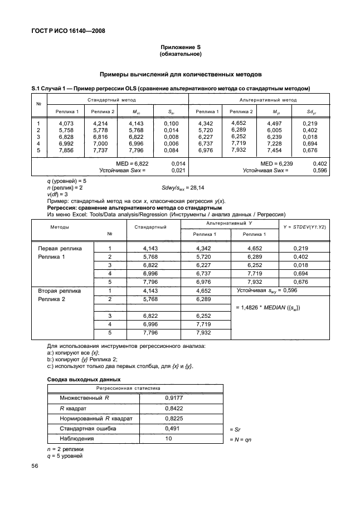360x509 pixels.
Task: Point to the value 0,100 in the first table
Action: pyautogui.click(x=171, y=123)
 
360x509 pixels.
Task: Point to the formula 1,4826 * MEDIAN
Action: pyautogui.click(x=271, y=308)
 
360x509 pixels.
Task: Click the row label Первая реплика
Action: pyautogui.click(x=60, y=248)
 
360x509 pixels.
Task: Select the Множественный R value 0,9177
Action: pyautogui.click(x=173, y=398)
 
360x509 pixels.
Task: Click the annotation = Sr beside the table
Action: pyautogui.click(x=236, y=429)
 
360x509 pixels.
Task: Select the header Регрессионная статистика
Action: pyautogui.click(x=129, y=387)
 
